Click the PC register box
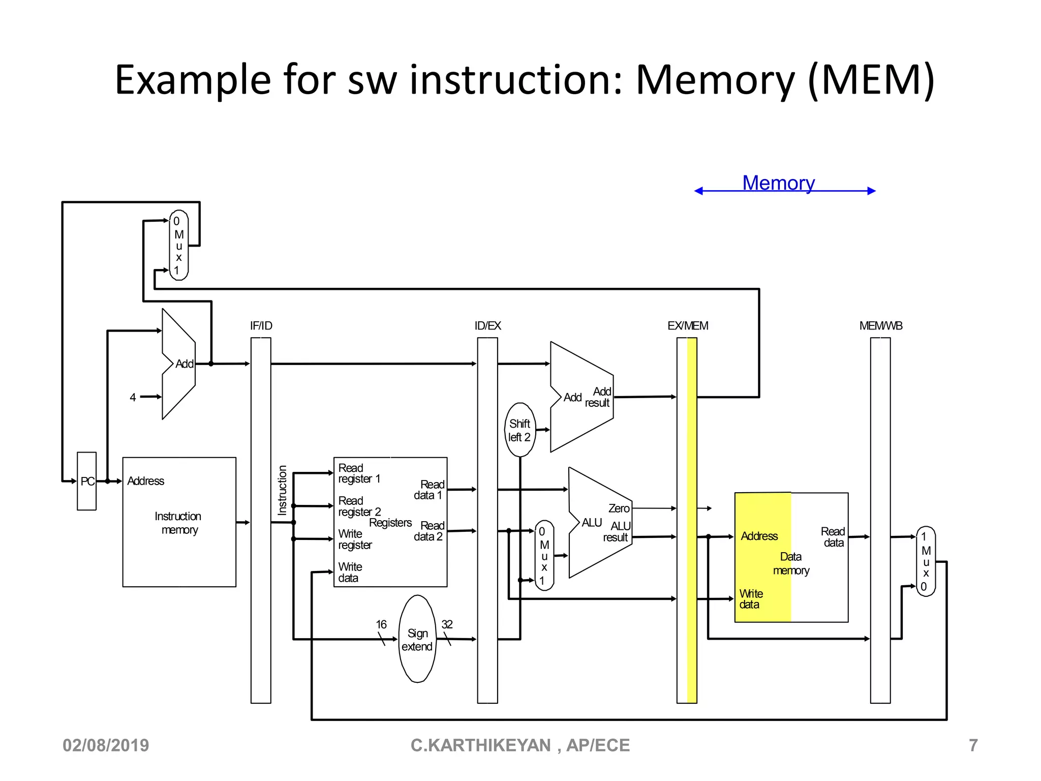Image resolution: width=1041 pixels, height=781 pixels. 86,481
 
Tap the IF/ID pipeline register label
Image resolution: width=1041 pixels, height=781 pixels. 261,326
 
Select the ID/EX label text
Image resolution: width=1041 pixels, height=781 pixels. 487,326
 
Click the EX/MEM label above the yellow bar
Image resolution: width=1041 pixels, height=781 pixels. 687,326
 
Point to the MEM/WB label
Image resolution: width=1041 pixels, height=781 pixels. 880,326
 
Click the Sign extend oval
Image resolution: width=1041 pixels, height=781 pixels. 417,639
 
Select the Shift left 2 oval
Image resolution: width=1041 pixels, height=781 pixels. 519,430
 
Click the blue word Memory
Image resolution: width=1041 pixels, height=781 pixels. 778,183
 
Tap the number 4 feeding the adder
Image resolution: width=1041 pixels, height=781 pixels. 133,398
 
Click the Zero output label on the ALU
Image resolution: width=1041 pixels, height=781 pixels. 619,508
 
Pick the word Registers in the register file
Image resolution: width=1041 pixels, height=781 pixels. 390,523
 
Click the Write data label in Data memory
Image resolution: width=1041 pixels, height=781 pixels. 751,599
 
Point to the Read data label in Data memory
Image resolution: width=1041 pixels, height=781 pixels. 833,537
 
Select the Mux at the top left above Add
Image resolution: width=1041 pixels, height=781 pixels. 178,246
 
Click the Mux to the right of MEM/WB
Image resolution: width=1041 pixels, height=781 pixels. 926,561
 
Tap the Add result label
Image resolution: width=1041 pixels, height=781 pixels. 598,397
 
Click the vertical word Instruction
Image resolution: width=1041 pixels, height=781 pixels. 282,490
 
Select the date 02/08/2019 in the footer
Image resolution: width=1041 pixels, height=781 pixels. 106,745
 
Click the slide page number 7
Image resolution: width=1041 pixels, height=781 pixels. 973,745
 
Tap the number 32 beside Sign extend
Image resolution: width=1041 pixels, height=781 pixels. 447,624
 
